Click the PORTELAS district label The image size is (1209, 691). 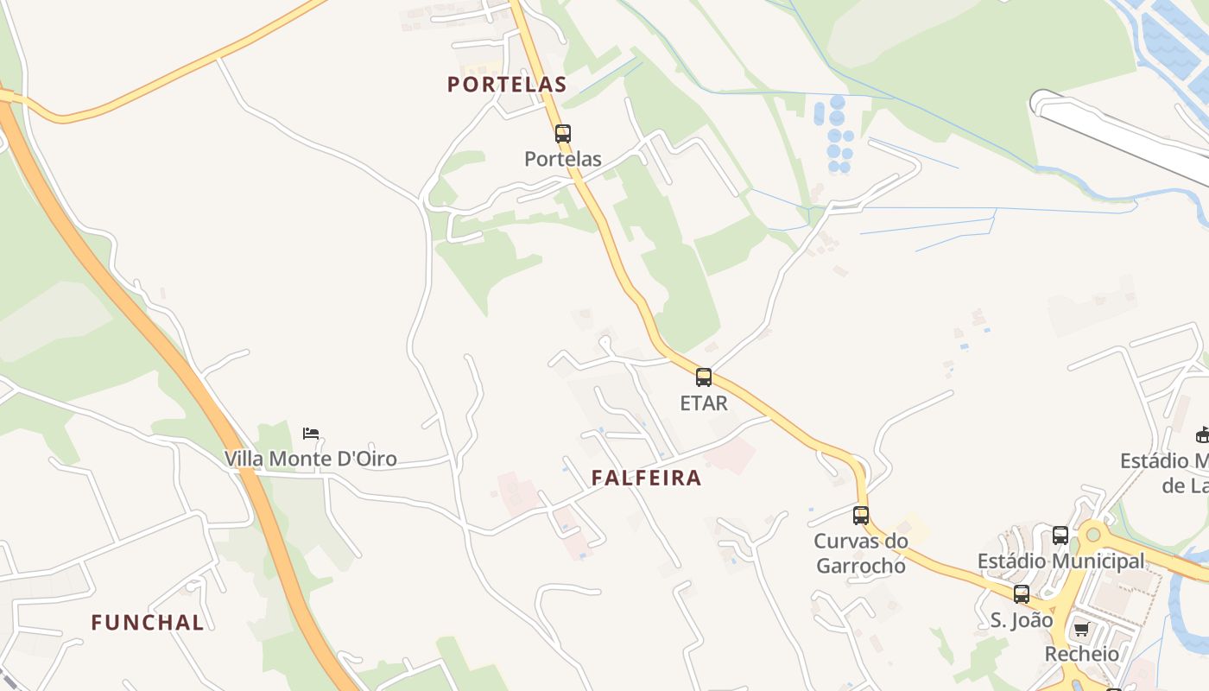click(x=507, y=85)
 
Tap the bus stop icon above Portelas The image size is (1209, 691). click(x=563, y=134)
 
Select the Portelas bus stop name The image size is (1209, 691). click(x=563, y=159)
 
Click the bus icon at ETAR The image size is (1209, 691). click(x=704, y=377)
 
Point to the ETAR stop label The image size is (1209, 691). click(x=704, y=403)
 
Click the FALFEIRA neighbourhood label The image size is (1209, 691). click(x=646, y=478)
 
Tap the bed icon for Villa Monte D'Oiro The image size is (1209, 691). click(x=311, y=433)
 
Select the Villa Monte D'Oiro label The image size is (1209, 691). click(x=311, y=459)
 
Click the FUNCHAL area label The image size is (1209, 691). click(x=148, y=622)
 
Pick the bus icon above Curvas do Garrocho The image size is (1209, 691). click(x=861, y=516)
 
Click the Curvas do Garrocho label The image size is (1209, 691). click(x=861, y=554)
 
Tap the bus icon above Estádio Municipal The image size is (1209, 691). click(x=1060, y=536)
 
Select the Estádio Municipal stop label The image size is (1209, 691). click(x=1060, y=561)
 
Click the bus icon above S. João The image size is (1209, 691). click(x=1022, y=594)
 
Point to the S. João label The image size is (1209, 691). click(x=1022, y=620)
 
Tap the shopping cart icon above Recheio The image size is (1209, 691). click(x=1081, y=629)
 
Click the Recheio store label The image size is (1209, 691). click(x=1081, y=654)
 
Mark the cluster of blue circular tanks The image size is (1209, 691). click(x=835, y=136)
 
